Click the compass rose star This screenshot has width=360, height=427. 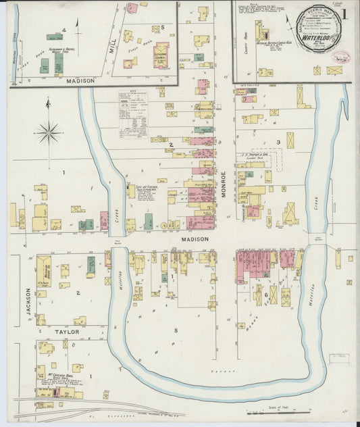click(49, 132)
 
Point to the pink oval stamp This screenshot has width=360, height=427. click(340, 57)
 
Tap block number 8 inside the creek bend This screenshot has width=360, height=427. click(177, 330)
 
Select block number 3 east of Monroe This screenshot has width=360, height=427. click(278, 143)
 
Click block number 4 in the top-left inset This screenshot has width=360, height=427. click(64, 30)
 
